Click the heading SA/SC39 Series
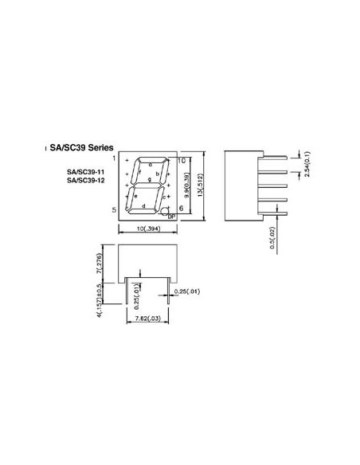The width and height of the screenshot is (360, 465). click(x=83, y=148)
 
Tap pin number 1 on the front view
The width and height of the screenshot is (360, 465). click(x=114, y=159)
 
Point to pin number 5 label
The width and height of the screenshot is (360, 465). click(x=114, y=209)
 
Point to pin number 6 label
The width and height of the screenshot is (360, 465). click(x=182, y=209)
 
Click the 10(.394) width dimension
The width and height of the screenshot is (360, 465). click(x=149, y=229)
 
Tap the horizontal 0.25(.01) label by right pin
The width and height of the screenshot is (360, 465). click(x=188, y=292)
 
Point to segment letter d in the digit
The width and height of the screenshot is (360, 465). click(x=143, y=206)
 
